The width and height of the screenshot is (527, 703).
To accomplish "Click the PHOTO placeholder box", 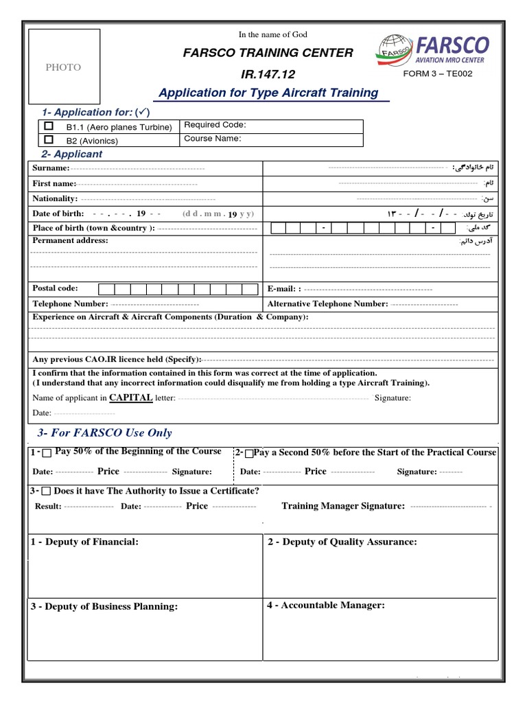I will pos(63,67).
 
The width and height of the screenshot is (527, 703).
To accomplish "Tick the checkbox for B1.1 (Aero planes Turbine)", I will pos(48,126).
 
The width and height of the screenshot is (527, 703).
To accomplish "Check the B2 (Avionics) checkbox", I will pos(48,139).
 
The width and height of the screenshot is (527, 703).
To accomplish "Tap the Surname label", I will pos(51,168).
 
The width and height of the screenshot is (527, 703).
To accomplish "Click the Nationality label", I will pos(55,198).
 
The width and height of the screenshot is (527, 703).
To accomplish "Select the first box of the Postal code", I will pos(106,289).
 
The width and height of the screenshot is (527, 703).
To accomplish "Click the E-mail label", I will pos(283,289).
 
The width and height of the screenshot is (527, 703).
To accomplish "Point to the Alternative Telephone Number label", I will pos(327,303).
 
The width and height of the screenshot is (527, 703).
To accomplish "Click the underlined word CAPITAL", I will pos(130,397).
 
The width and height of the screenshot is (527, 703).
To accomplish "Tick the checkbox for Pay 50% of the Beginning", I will pos(46,453).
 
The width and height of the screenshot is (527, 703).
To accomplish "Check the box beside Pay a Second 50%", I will pos(248,453).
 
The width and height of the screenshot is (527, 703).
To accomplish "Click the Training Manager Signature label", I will pos(343,506).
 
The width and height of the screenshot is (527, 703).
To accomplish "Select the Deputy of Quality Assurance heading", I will pos(342,542).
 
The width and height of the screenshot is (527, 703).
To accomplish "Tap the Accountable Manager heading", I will pos(326,606).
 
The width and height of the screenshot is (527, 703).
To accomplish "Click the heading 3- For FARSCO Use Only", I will pos(104,433).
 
